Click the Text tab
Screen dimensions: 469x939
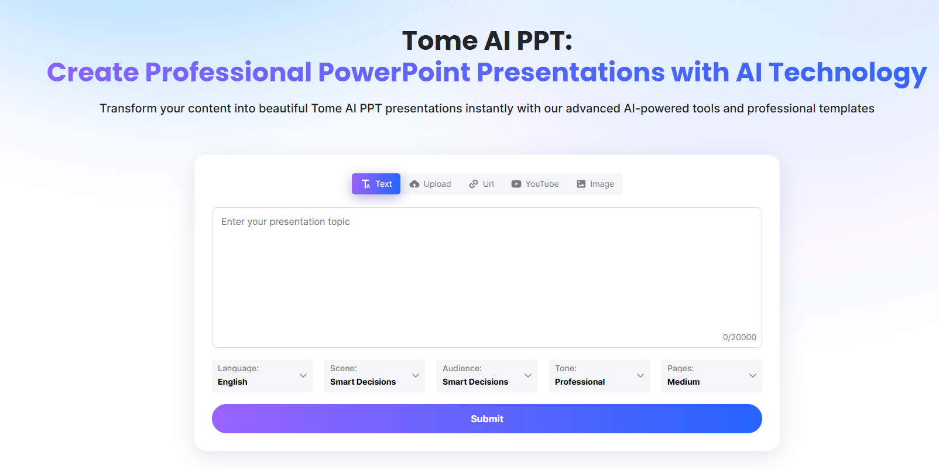(376, 184)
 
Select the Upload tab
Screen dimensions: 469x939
(430, 184)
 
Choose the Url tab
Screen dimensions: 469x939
(481, 184)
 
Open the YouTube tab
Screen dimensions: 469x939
(535, 184)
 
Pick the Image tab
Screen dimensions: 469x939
(595, 184)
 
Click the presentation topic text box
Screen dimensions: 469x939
(486, 275)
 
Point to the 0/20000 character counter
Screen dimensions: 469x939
(739, 337)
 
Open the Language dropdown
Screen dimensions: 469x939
(262, 375)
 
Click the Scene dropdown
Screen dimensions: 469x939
(375, 375)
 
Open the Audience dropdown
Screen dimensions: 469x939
(487, 375)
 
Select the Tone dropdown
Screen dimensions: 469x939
(599, 375)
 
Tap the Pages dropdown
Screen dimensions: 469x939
(712, 375)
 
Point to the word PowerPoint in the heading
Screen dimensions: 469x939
(394, 73)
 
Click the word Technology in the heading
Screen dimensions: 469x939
(848, 73)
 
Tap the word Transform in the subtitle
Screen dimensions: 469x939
(128, 108)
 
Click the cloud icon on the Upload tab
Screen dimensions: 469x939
(414, 184)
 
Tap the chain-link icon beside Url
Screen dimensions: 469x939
(474, 184)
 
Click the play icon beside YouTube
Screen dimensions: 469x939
(516, 184)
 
